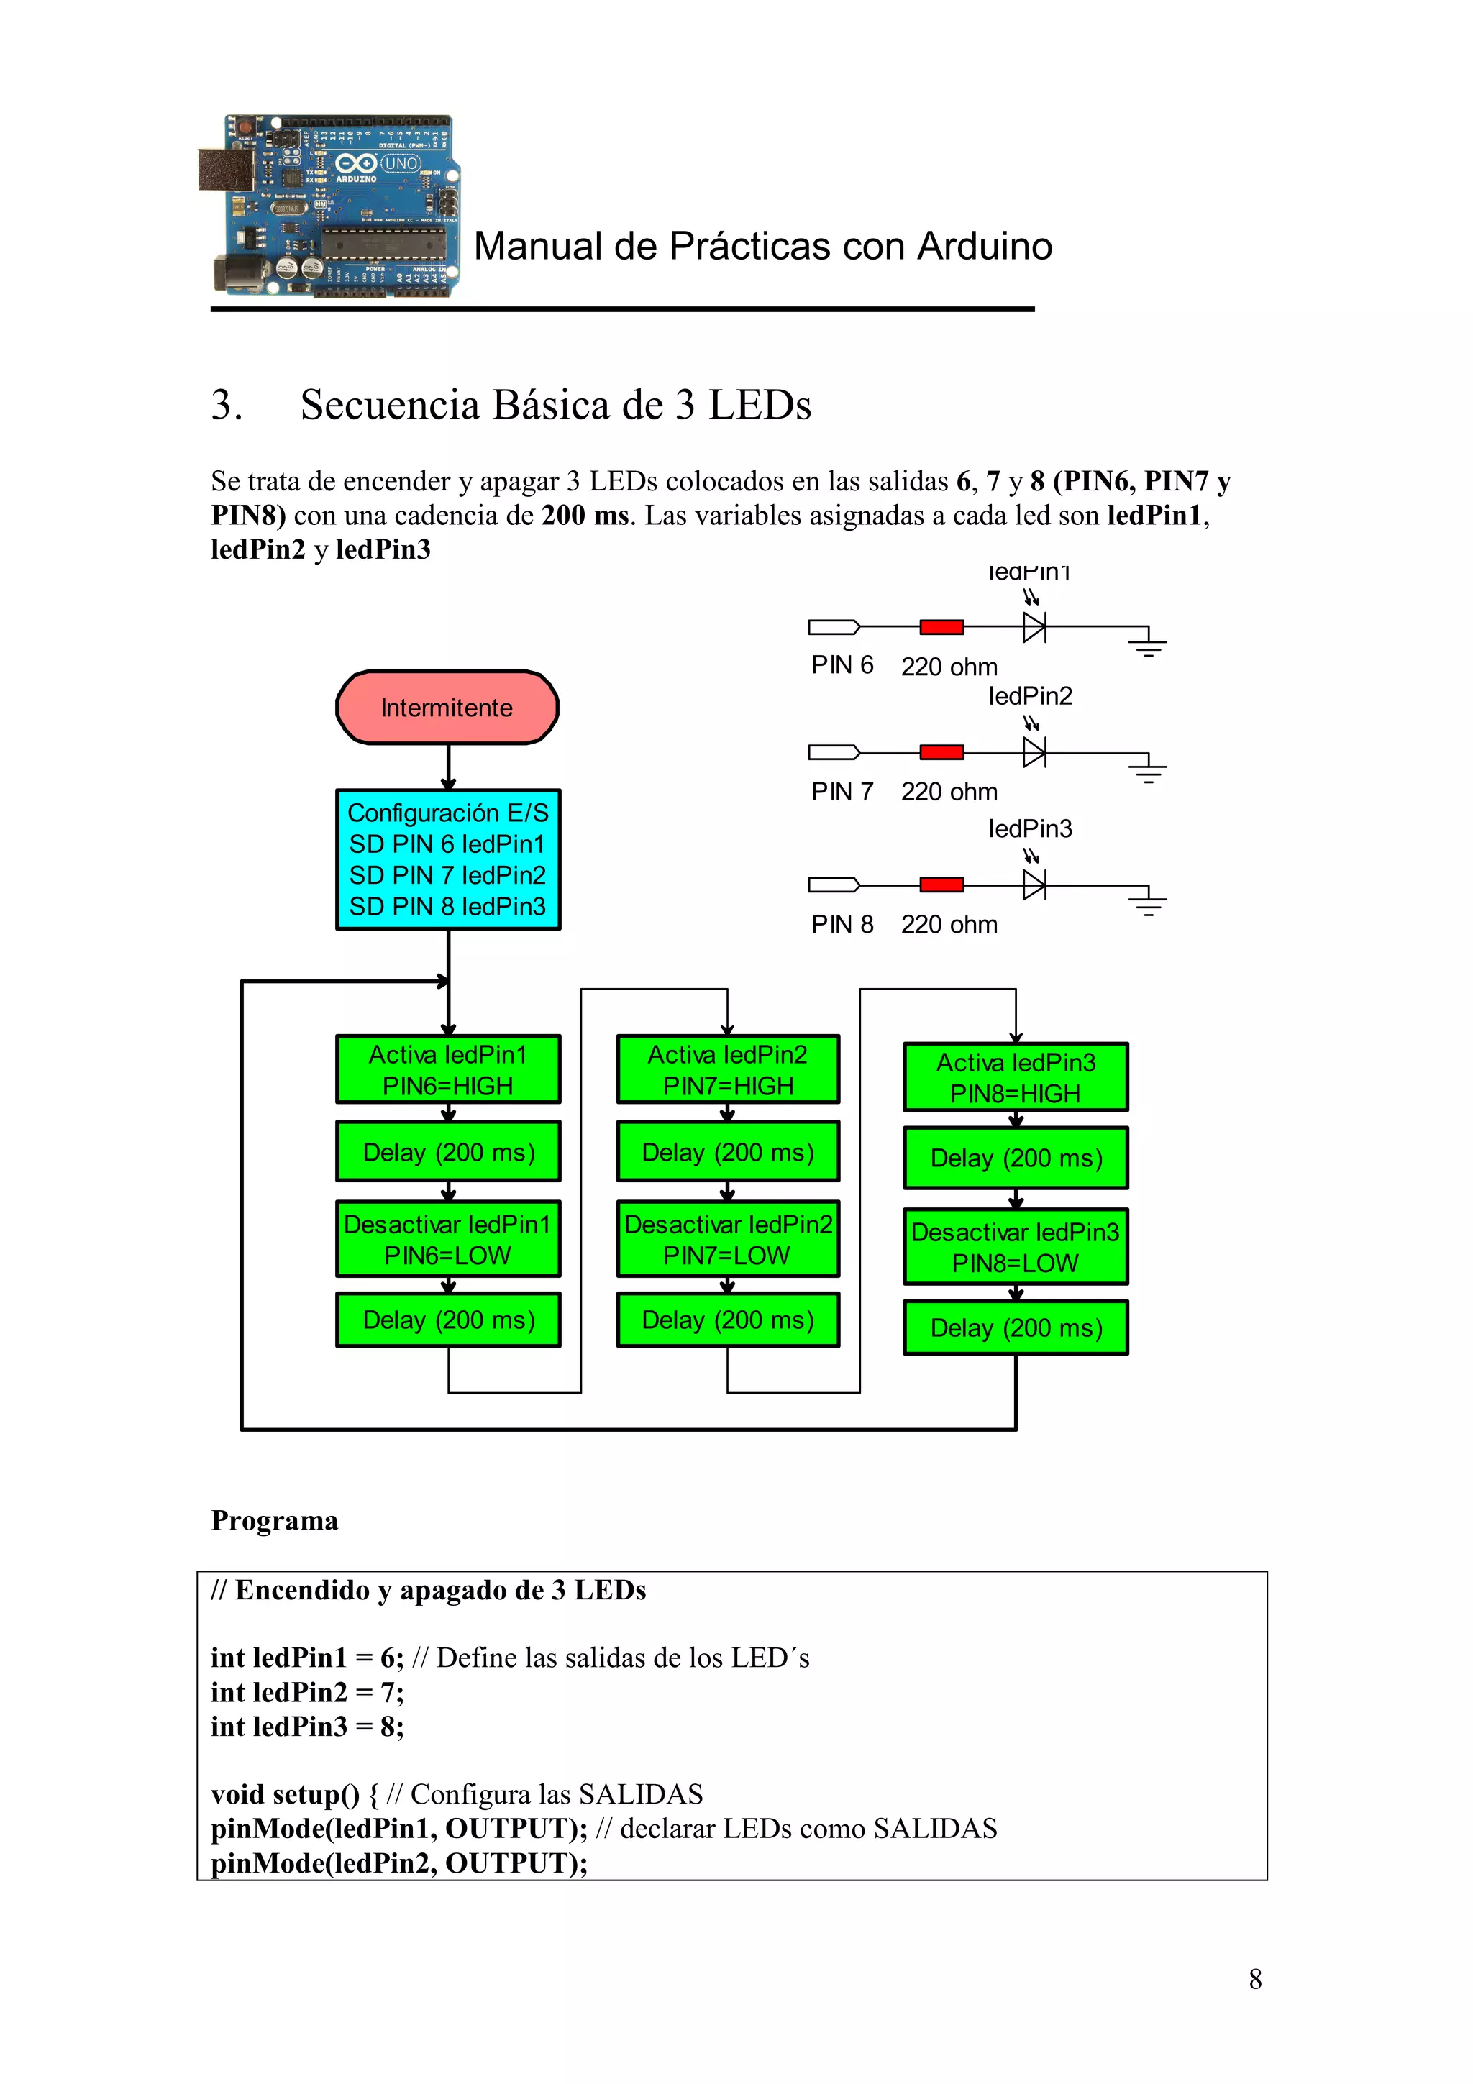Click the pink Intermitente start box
[x=447, y=707]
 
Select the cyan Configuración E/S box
[x=447, y=859]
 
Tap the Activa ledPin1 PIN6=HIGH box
[x=447, y=1069]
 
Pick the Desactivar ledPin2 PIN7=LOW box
[x=728, y=1239]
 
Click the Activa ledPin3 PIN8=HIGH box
[x=1016, y=1077]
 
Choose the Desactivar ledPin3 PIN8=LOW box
[x=1016, y=1246]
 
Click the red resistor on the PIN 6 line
[x=941, y=626]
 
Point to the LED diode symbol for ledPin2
[x=1034, y=751]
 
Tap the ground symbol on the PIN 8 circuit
[x=1148, y=901]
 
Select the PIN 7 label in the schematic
[x=842, y=792]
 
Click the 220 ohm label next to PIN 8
[x=949, y=924]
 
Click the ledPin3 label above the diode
[x=1030, y=828]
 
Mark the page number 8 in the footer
[x=1255, y=1980]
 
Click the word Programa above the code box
[x=274, y=1520]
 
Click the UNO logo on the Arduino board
[x=400, y=163]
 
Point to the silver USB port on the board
[x=226, y=170]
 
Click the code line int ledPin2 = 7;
[x=308, y=1692]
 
